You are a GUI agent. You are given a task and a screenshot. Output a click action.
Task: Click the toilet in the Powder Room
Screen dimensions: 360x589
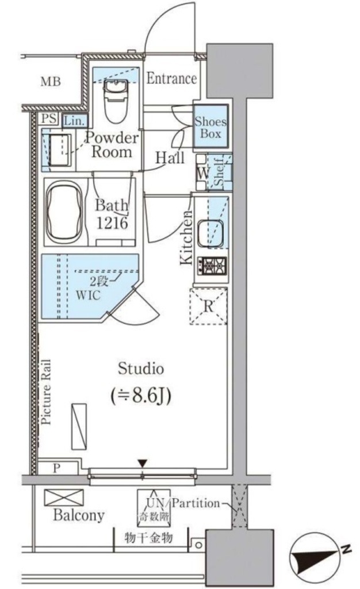tap(115, 101)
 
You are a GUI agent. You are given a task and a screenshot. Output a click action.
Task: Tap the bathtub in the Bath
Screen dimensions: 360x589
tap(64, 212)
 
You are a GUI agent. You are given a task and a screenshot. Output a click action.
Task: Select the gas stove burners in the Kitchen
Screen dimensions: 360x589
tap(212, 266)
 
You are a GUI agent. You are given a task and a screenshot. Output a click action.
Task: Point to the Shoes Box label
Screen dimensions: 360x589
tap(210, 127)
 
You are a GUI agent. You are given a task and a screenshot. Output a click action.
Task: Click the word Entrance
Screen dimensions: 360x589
tap(171, 78)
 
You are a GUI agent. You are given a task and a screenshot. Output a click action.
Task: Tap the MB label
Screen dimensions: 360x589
tap(51, 81)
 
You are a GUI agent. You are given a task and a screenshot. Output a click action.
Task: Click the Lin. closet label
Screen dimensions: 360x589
tap(74, 121)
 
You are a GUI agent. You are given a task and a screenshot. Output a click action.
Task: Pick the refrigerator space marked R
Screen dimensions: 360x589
tap(208, 306)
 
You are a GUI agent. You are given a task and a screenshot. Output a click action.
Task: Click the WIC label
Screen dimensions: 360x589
tap(88, 295)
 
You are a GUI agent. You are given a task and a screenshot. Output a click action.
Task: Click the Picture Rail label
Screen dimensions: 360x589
tap(46, 392)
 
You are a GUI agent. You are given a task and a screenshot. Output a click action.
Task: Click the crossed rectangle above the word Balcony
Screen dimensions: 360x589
tap(64, 498)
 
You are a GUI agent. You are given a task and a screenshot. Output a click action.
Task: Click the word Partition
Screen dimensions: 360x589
tap(196, 503)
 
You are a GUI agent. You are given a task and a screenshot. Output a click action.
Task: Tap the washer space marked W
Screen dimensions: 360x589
tap(202, 173)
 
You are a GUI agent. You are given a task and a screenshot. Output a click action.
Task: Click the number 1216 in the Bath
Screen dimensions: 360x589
tap(112, 223)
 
